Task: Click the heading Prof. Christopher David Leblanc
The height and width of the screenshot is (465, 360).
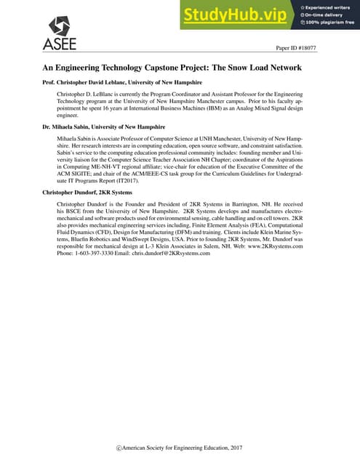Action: pyautogui.click(x=123, y=83)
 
